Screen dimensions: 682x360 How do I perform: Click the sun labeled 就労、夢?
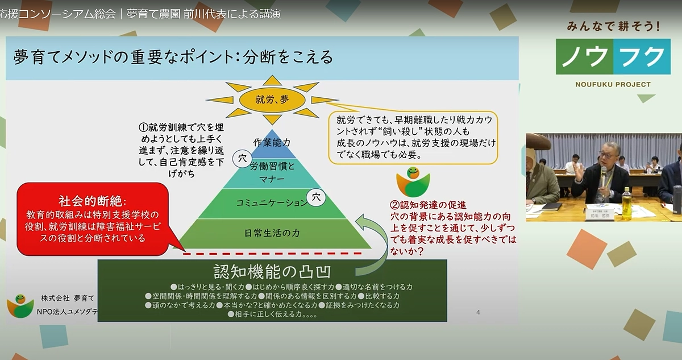(x=272, y=100)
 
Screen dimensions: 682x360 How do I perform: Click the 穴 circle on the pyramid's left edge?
(x=242, y=156)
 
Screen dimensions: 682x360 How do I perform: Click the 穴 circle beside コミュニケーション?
(x=316, y=197)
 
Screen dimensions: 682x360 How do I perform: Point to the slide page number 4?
(x=478, y=312)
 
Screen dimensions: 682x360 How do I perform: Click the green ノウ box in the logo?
(x=584, y=57)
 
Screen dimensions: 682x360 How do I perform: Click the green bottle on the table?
(x=626, y=203)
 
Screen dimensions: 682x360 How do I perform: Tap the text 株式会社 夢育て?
(x=67, y=298)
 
